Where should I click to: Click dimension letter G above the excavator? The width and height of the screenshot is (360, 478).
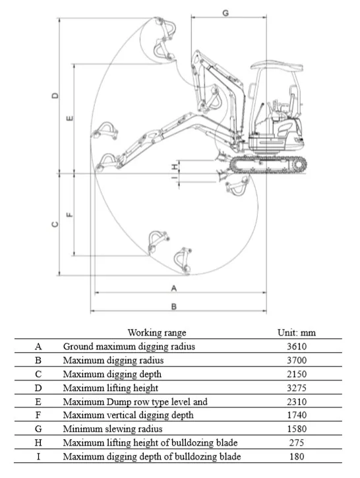click(x=225, y=13)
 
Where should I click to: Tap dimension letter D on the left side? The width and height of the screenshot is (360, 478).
click(x=55, y=96)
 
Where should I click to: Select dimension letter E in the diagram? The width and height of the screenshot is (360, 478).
click(x=70, y=118)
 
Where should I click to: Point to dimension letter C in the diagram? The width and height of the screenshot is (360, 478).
click(x=55, y=225)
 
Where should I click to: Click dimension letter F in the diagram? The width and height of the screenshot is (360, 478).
click(x=70, y=215)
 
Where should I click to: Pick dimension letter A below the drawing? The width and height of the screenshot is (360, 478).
click(x=174, y=288)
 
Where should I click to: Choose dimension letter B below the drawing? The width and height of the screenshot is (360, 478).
click(x=174, y=307)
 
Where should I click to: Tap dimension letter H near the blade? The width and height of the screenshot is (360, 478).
click(x=174, y=167)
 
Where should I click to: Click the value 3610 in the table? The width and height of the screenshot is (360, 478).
click(x=297, y=346)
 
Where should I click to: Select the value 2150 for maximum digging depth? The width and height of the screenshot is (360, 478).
click(x=297, y=374)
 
